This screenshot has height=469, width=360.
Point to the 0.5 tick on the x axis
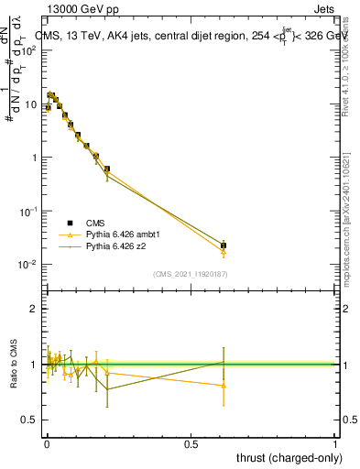pyautogui.click(x=191, y=444)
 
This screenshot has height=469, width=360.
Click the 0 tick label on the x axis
pyautogui.click(x=47, y=444)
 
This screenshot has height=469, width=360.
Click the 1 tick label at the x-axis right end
pyautogui.click(x=335, y=444)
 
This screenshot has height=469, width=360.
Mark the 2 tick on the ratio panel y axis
pyautogui.click(x=33, y=309)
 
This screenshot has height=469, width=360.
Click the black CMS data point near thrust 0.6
pyautogui.click(x=224, y=245)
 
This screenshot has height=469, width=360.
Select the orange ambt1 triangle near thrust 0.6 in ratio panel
pyautogui.click(x=224, y=386)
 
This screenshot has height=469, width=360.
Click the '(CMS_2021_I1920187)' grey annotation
pyautogui.click(x=191, y=274)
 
